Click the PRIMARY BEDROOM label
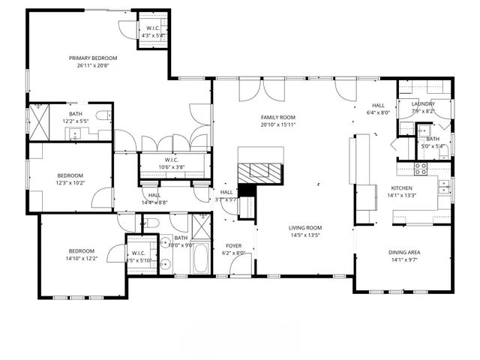(x=93, y=58)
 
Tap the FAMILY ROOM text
(x=277, y=117)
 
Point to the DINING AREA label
(x=403, y=252)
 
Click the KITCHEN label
(x=401, y=188)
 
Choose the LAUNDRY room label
(x=423, y=103)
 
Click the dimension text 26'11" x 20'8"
(x=93, y=65)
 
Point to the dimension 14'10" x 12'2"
(x=82, y=259)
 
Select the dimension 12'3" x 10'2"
(x=69, y=182)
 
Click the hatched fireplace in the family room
(x=262, y=170)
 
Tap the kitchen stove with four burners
(x=421, y=169)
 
